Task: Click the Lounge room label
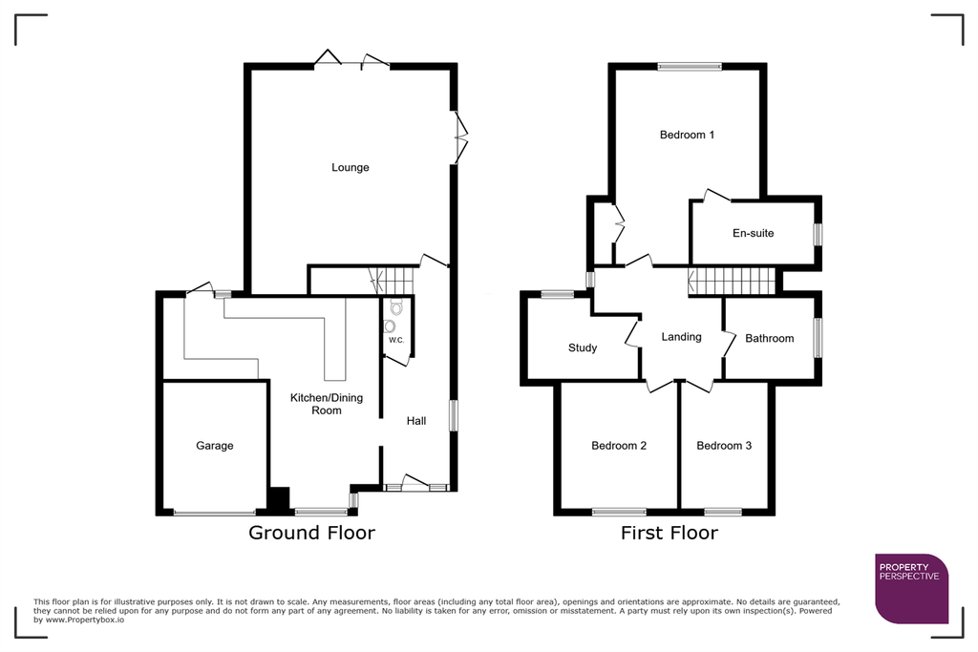pos(350,168)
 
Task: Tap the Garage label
pos(215,446)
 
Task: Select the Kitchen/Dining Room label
pos(327,404)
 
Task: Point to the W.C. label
pos(396,341)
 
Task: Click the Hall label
pos(416,421)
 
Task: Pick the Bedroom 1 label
pos(688,135)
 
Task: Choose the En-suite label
pos(753,233)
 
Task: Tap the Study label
pos(583,347)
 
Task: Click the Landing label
pos(681,337)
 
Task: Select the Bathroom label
pos(770,339)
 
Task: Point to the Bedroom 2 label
pos(619,446)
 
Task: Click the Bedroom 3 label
pos(724,446)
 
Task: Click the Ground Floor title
pos(312,533)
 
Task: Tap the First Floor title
pos(670,533)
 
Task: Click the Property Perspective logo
pos(912,588)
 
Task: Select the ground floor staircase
pos(391,281)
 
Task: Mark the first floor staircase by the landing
pos(732,281)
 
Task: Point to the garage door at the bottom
pos(215,513)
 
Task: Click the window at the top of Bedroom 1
pos(690,67)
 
